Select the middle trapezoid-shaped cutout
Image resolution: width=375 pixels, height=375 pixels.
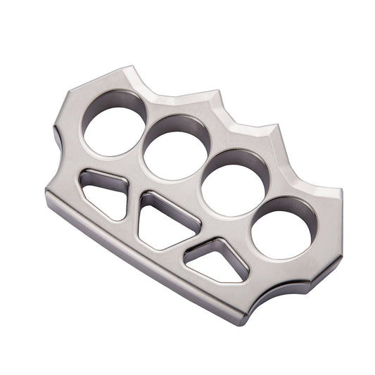[164, 222]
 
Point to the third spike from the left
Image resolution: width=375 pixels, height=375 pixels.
[276, 128]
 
